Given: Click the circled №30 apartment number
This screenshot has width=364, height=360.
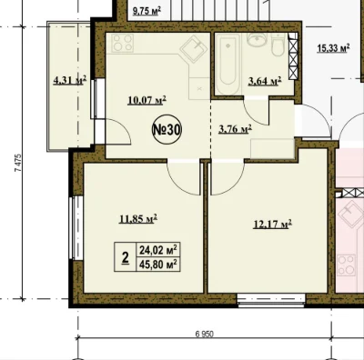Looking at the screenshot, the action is [x=167, y=130].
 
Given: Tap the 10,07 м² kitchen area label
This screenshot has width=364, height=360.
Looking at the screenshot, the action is [x=147, y=100].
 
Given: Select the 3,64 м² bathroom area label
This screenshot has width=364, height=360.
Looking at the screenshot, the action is [x=265, y=81].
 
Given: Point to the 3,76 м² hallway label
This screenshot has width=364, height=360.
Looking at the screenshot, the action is [x=235, y=129].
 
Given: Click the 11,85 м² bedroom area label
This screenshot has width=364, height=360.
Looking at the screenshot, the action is [x=138, y=218].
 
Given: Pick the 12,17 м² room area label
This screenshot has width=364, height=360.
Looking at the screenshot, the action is [x=272, y=225].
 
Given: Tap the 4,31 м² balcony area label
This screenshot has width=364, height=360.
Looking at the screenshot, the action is [x=70, y=80].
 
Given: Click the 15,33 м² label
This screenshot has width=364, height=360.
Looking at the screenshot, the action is [x=333, y=48].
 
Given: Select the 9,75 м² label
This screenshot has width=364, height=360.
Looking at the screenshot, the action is [x=147, y=12].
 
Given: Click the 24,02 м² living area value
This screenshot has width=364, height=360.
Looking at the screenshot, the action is [x=158, y=250].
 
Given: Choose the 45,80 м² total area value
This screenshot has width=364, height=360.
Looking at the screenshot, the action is [x=158, y=265].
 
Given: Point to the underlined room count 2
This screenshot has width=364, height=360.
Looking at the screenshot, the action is [x=125, y=257].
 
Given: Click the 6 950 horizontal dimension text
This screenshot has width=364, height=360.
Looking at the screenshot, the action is [x=205, y=334].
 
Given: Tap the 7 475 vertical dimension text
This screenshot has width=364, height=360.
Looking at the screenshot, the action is [x=18, y=164].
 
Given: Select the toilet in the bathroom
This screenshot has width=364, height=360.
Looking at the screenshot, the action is [x=278, y=45].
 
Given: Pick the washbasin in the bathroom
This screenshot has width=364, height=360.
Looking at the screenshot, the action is [x=257, y=39].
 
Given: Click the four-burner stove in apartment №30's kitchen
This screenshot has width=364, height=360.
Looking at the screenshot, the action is [x=123, y=43].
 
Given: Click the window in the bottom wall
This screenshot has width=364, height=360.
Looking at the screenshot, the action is [x=271, y=301].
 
